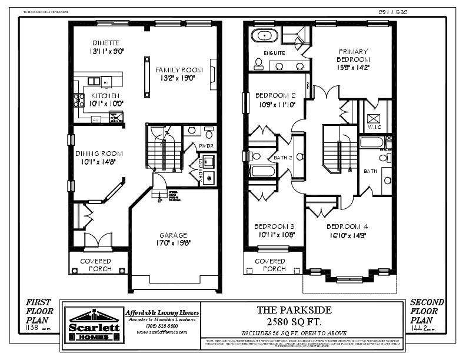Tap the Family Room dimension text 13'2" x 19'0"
pos(174,78)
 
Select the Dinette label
pos(106,43)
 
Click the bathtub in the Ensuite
pos(265,36)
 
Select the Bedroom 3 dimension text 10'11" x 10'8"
pos(274,235)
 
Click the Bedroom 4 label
pos(347,226)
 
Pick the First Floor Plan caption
pos(39,311)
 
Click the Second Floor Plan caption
pos(427,311)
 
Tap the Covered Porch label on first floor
pos(95,265)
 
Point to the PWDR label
pos(205,146)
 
